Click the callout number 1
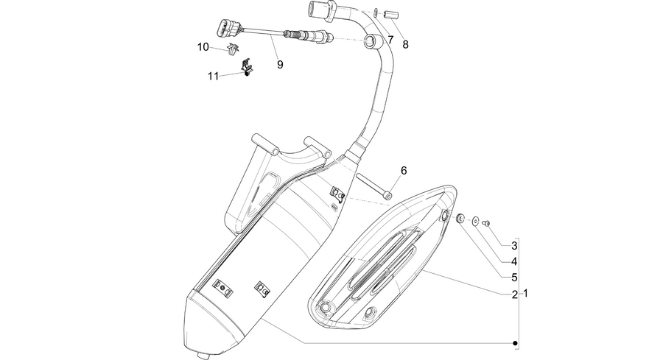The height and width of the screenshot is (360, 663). pos(525,293)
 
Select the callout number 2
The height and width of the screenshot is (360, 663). pos(515,294)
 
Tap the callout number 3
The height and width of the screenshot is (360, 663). pos(514,245)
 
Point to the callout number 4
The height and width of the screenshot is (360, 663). pos(514,261)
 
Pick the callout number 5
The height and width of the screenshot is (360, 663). pos(514,278)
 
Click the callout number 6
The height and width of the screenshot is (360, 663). pos(404,171)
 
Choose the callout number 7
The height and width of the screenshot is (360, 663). pos(390,40)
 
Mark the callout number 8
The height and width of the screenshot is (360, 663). pos(405,44)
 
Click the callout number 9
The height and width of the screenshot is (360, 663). pos(280,65)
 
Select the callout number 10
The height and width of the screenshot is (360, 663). pos(203,47)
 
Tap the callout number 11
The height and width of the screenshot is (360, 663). pos(213,76)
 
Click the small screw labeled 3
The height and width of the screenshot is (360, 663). pos(486,222)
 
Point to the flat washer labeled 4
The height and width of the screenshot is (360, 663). pos(476,220)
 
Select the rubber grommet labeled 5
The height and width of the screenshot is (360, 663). pos(460,218)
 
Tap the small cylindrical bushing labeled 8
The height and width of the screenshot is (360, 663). pos(392,15)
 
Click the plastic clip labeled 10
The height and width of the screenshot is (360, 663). pos(232,49)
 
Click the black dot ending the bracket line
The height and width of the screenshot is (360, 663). pos(515,343)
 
